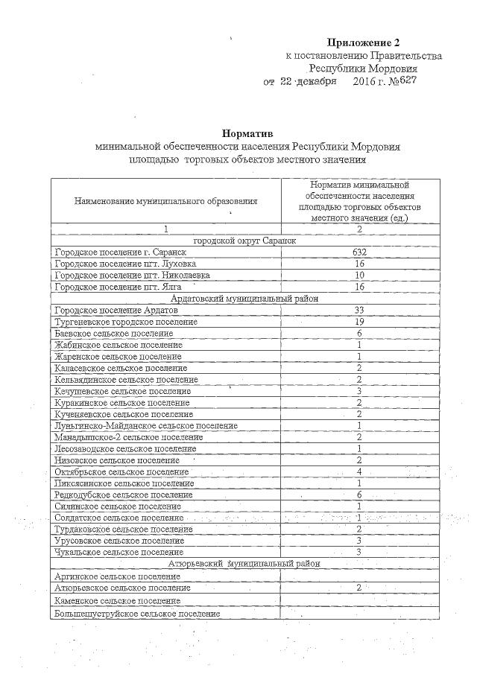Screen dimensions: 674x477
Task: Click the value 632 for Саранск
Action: pyautogui.click(x=359, y=252)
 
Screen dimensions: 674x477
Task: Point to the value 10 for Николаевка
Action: pyautogui.click(x=359, y=275)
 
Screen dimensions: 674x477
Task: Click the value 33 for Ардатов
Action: pyautogui.click(x=359, y=310)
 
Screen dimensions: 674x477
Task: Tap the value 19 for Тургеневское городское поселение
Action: pyautogui.click(x=359, y=322)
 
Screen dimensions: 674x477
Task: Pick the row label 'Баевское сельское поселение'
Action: pyautogui.click(x=109, y=334)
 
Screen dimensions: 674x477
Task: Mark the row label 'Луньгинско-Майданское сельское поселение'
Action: pyautogui.click(x=146, y=425)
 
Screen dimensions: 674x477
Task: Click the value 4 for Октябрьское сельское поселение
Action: pyautogui.click(x=359, y=471)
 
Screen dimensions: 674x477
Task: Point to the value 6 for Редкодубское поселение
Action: pyautogui.click(x=359, y=495)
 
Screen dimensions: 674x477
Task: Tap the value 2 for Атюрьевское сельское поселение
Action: pyautogui.click(x=359, y=588)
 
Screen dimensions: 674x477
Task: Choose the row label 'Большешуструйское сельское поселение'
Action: pyautogui.click(x=137, y=614)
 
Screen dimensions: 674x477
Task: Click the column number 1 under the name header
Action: pyautogui.click(x=166, y=229)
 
